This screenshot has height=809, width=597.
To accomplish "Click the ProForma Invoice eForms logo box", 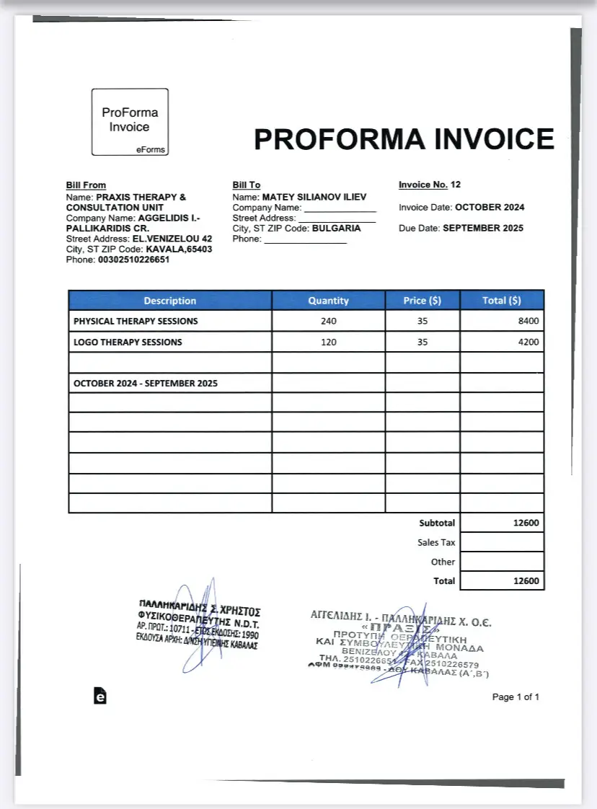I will click(x=130, y=121).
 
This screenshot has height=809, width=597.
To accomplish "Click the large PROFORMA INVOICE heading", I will click(x=404, y=139).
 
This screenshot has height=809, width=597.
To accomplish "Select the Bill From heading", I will click(x=86, y=185).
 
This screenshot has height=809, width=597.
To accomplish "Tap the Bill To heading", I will click(x=247, y=185).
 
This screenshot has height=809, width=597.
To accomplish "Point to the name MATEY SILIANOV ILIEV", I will click(x=314, y=197).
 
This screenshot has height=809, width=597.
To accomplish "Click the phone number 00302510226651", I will click(x=134, y=260).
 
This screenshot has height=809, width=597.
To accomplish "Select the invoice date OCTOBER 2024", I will click(x=490, y=207).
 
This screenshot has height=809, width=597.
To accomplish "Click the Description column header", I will click(x=169, y=301).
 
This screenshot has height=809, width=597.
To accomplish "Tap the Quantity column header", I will click(x=328, y=301).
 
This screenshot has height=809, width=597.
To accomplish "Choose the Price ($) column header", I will click(x=423, y=301).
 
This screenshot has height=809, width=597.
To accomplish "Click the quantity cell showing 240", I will click(x=328, y=321).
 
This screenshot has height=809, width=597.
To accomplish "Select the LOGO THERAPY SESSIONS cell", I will click(x=128, y=342).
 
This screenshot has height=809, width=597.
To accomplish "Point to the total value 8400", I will click(x=529, y=321).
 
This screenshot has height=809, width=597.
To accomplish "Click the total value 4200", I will click(x=529, y=342).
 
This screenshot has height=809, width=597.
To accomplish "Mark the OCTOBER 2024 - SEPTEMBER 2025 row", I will click(x=146, y=384).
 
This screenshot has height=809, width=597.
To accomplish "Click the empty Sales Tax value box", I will click(x=502, y=542).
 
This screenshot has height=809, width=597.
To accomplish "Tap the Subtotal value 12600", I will click(x=526, y=523).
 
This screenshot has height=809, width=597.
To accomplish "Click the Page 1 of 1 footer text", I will click(x=516, y=697).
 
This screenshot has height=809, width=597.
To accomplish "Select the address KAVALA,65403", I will click(x=179, y=249).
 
